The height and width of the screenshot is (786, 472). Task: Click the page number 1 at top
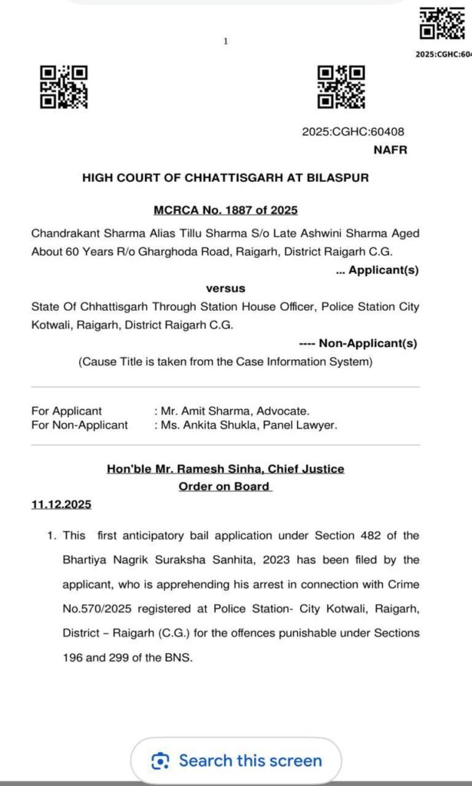coord(226,41)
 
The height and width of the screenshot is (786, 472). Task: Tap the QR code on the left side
coord(64,86)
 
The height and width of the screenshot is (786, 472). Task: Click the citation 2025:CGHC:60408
coord(353,132)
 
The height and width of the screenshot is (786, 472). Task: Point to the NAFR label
coord(390,150)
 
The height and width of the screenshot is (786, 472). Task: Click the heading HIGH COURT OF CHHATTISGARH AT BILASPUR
coord(226,177)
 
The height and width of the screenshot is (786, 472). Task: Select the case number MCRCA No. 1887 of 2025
coord(226,210)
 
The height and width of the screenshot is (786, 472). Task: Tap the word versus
coord(226,289)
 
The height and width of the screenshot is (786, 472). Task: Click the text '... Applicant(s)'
coord(378,270)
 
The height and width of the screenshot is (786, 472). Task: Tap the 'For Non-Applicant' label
coord(80,424)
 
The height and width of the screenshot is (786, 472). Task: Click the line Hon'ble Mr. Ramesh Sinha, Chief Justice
coord(225,468)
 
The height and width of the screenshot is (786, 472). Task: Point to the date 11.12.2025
coord(61,504)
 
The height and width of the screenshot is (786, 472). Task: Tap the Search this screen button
coord(236,761)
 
